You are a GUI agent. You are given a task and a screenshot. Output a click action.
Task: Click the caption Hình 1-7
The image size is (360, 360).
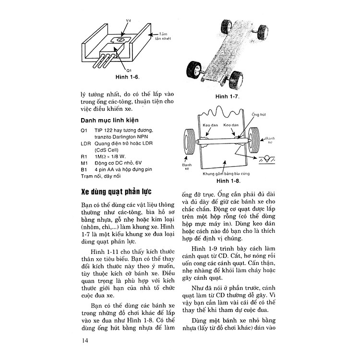(x=227, y=96)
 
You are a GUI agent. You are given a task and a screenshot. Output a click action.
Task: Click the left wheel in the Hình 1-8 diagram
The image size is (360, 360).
(x=189, y=143)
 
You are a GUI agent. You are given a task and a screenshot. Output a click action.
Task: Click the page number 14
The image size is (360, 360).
(x=85, y=340)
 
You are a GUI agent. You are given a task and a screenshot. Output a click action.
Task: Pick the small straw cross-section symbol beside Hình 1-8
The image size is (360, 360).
(x=265, y=159)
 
